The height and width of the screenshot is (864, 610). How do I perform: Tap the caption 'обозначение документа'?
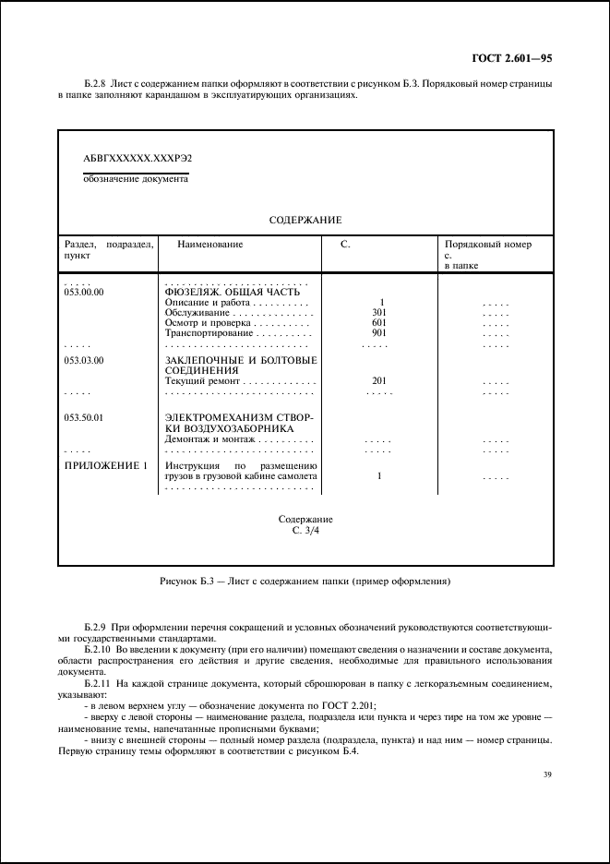point(136,180)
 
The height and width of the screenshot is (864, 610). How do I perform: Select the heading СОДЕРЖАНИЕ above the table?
point(305,221)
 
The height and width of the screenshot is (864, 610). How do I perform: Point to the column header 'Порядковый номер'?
point(488,245)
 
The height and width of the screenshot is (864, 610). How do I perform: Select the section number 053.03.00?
point(85,359)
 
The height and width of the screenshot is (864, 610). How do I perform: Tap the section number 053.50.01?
point(85,418)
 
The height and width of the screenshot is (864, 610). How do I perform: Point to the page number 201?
point(378,380)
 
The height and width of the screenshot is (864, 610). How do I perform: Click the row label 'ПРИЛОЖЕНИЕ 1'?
point(105,466)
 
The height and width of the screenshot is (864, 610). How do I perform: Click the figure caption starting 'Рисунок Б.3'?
point(305,582)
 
